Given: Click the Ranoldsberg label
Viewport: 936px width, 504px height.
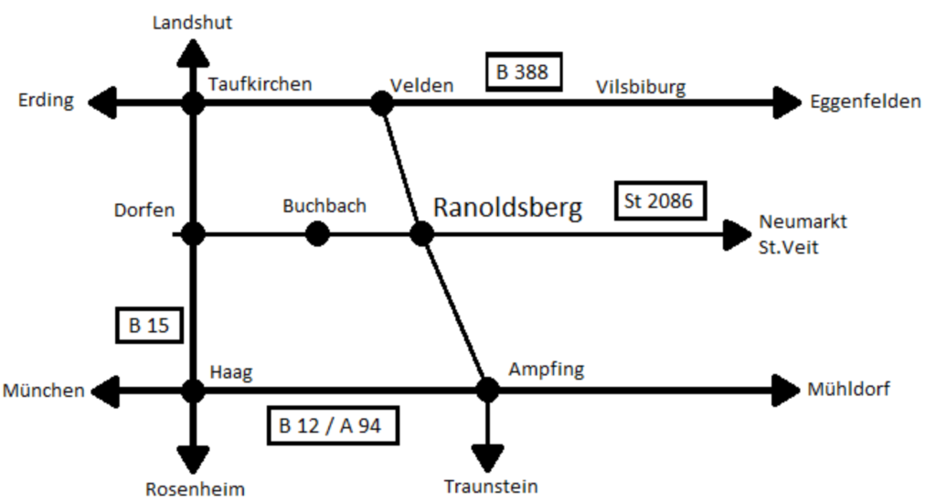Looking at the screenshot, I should tap(507, 208).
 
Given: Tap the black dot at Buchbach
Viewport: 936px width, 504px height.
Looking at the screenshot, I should tap(317, 234).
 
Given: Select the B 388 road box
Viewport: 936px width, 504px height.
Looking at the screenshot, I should tap(522, 71).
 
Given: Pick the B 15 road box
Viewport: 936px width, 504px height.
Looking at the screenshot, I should tap(150, 326).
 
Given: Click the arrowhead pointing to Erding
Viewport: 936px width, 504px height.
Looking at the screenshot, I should tap(103, 102).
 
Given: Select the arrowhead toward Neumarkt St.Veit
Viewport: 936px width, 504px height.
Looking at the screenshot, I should tap(737, 235).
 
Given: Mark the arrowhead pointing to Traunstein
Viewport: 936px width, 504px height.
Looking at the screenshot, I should tap(487, 455).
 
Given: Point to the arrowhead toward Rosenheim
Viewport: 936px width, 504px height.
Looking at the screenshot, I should tap(193, 456).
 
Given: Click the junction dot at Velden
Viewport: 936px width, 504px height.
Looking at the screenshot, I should tap(381, 102).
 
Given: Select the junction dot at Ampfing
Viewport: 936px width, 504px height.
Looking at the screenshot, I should tap(487, 391).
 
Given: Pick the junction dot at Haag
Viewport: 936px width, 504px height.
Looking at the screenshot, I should tap(193, 391).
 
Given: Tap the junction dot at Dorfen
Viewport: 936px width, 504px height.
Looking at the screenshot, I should tap(193, 234).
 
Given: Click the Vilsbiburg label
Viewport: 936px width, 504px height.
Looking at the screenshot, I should tap(641, 87).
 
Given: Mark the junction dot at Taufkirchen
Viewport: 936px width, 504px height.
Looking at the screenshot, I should tap(193, 102).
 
